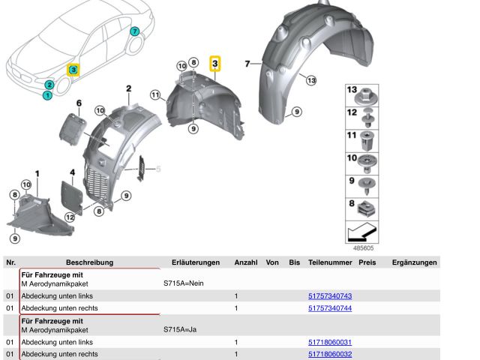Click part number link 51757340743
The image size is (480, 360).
330,296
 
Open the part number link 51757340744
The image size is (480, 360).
330,308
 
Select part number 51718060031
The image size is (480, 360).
330,342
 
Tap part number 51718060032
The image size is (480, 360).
330,354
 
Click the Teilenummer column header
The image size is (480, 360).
330,262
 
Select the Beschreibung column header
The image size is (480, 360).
89,262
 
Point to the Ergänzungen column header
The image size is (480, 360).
414,262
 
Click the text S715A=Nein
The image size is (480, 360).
183,283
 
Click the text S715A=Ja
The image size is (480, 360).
180,329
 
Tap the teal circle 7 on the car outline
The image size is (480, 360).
134,31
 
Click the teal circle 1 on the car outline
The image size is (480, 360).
47,95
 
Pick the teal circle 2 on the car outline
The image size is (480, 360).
49,85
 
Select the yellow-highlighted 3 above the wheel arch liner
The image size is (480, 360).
215,63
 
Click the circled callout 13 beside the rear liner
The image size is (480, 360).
311,80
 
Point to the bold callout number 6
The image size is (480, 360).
79,103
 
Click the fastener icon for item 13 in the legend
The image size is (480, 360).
366,96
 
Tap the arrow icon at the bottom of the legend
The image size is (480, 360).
361,232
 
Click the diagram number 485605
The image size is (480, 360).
363,248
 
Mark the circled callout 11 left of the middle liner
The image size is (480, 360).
155,95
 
